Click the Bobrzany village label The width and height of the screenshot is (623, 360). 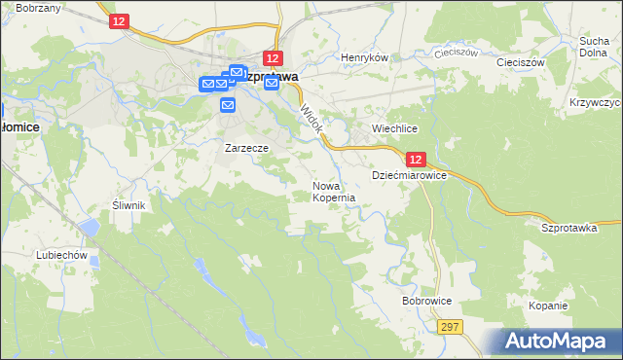(38, 8)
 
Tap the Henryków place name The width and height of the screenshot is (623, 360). (364, 57)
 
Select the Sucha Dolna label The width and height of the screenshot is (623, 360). (594, 47)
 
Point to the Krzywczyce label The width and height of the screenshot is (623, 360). (593, 102)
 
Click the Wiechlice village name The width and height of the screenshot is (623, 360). (395, 128)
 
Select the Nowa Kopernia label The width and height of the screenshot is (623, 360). (332, 191)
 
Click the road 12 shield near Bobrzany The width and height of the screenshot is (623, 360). (118, 21)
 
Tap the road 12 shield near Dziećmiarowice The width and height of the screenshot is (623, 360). (416, 159)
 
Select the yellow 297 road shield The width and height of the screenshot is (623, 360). (449, 328)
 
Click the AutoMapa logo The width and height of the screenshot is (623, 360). (558, 342)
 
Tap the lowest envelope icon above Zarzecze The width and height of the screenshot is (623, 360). (227, 103)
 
